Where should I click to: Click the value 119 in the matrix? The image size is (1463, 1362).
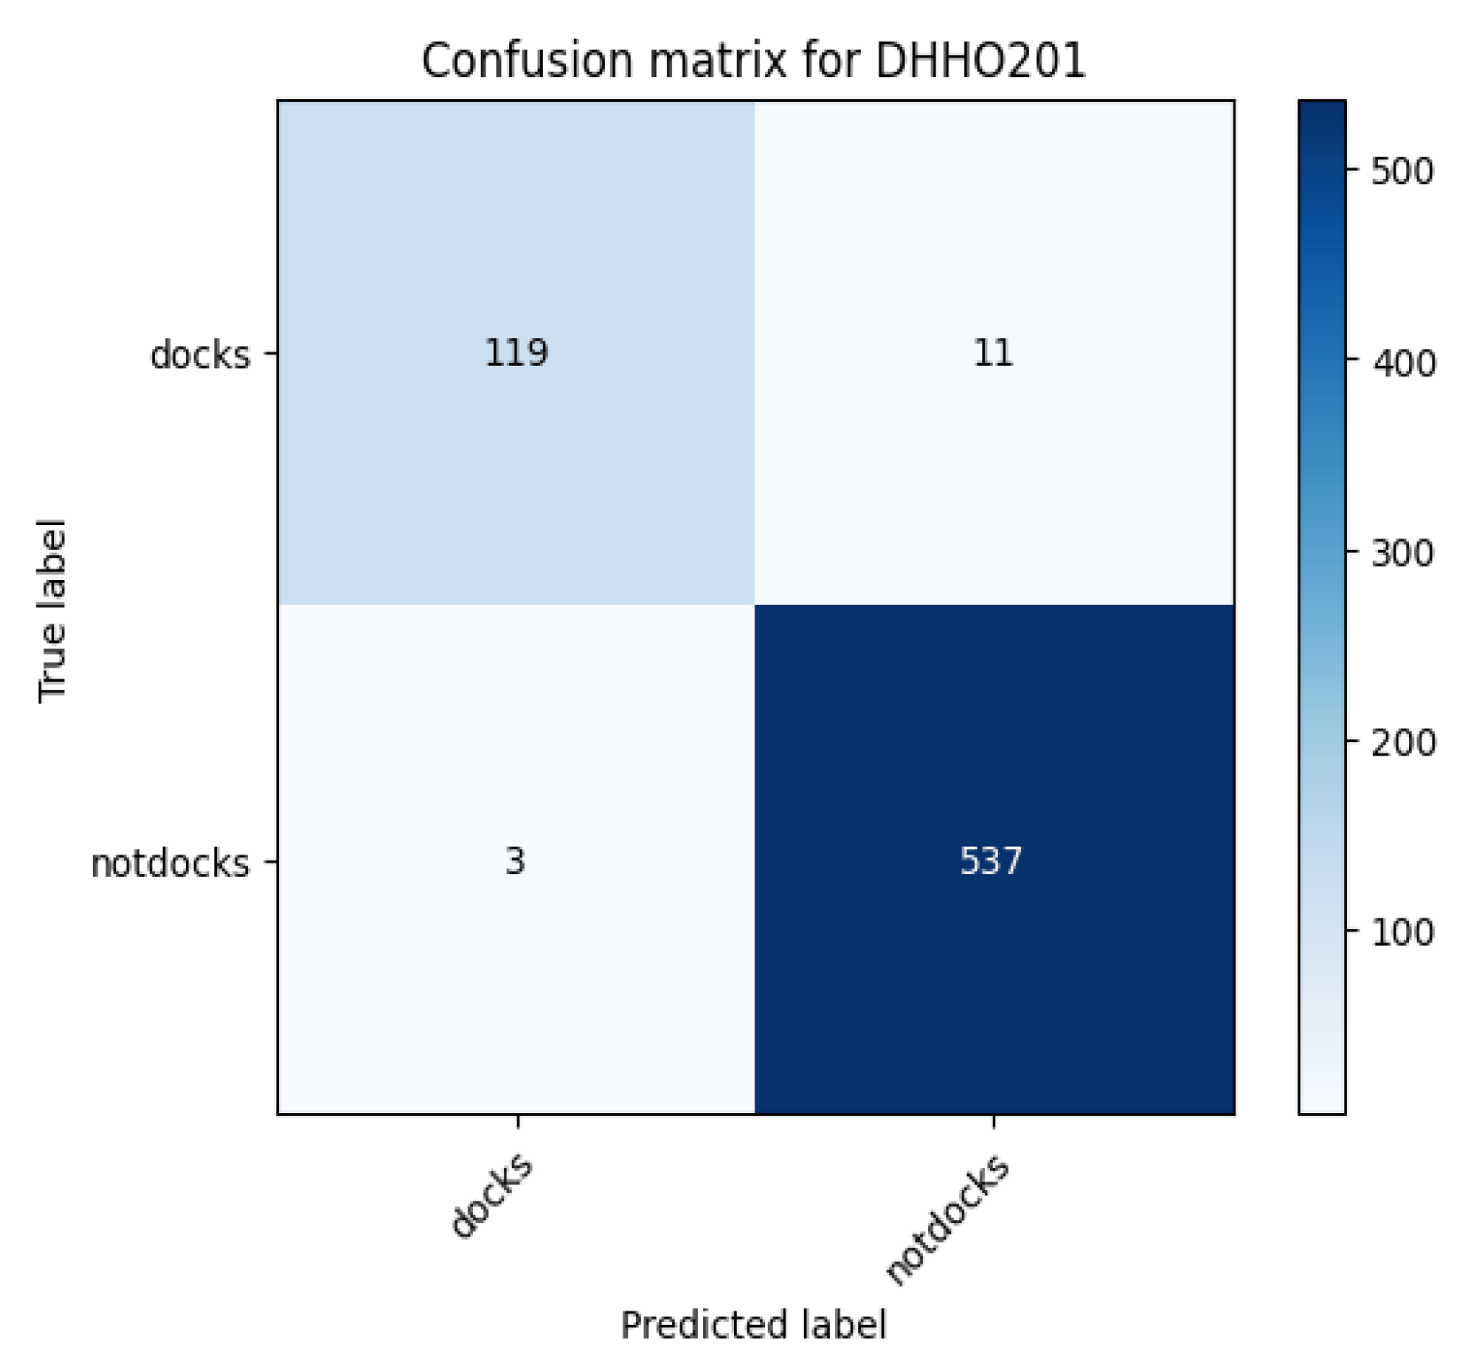coord(516,353)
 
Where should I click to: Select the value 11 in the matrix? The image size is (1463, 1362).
coord(993,353)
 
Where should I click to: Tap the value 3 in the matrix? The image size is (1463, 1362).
coord(515,861)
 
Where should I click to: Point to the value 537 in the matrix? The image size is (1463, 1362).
coord(991,861)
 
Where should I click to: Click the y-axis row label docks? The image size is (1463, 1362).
coord(200,355)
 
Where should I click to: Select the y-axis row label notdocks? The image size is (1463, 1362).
coord(170,863)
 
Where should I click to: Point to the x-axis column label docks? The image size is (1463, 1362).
coord(492,1195)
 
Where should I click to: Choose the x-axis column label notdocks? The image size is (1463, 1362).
coord(948,1219)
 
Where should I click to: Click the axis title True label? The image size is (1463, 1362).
coord(53,611)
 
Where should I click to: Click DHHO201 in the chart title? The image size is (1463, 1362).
coord(979,62)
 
